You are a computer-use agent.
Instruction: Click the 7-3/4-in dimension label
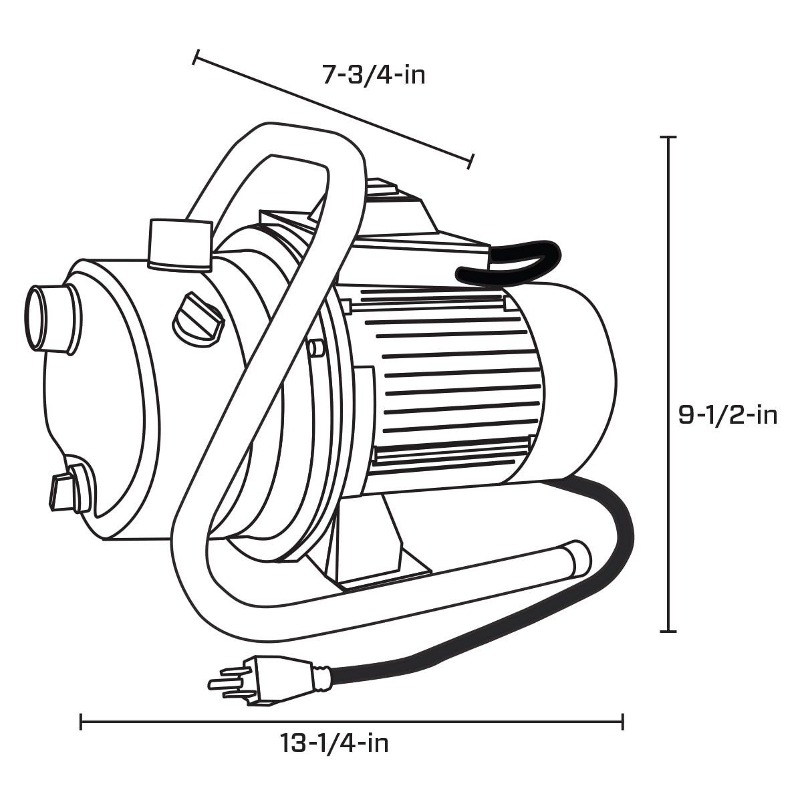[374, 75]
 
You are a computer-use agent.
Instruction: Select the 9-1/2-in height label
[728, 415]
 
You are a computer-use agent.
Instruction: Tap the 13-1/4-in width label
[334, 762]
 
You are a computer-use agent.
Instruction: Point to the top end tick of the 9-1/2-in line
[668, 137]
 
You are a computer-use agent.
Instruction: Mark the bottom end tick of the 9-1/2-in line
[668, 630]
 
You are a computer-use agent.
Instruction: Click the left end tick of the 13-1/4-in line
[81, 722]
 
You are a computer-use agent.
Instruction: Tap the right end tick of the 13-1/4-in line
[623, 722]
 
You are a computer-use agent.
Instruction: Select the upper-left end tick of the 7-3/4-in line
[195, 57]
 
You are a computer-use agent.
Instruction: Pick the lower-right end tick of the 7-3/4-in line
[471, 160]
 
